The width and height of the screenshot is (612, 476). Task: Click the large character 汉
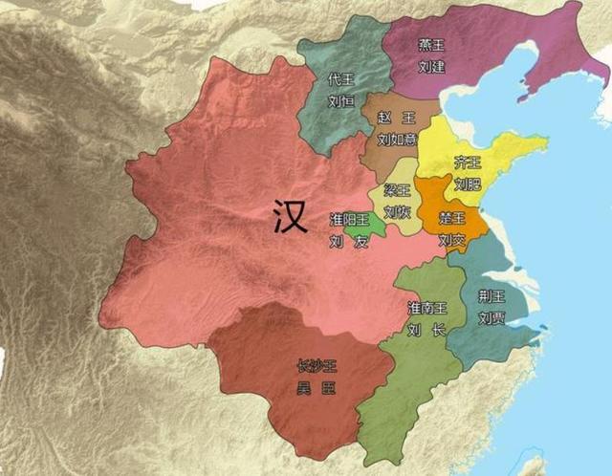pyautogui.click(x=288, y=217)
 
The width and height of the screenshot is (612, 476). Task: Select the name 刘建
pyautogui.click(x=432, y=68)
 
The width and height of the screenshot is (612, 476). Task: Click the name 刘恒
pyautogui.click(x=341, y=98)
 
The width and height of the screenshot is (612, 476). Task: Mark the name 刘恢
pyautogui.click(x=397, y=211)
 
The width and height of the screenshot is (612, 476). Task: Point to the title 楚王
pyautogui.click(x=450, y=220)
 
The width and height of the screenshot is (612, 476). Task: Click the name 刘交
pyautogui.click(x=450, y=240)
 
